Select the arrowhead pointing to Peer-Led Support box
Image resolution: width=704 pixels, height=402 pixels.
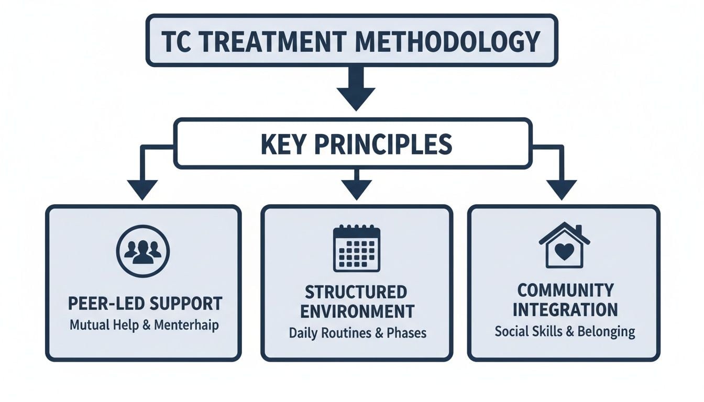142,189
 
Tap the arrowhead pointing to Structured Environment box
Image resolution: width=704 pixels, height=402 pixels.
356,189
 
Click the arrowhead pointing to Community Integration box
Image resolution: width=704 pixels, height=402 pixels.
562,189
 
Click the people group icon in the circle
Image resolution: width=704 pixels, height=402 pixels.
143,251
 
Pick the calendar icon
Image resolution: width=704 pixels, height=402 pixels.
357,248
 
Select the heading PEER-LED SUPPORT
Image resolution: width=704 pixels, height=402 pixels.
145,304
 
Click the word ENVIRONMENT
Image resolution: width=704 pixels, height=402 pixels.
357,311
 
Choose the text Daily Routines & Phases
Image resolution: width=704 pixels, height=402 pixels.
358,333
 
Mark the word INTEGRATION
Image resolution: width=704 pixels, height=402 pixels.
565,309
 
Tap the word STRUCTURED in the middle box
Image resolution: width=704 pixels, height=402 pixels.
356,292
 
